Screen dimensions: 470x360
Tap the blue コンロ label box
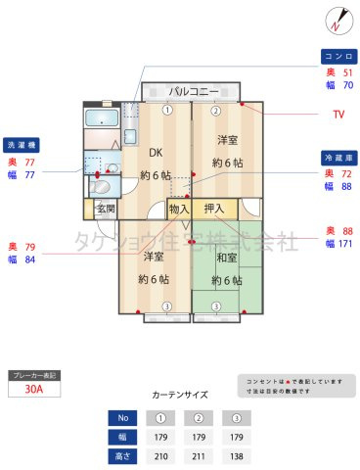338,56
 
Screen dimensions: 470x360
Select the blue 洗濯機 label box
22,143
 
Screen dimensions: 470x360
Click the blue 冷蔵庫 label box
338,157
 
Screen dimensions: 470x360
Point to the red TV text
338,115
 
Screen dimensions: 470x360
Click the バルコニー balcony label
192,91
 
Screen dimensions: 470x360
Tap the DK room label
156,153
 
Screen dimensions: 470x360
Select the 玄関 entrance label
106,209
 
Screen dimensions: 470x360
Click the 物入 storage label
178,209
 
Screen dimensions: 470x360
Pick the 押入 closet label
214,209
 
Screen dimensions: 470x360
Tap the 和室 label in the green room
227,258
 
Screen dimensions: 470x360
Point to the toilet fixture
101,185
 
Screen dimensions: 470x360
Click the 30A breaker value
35,389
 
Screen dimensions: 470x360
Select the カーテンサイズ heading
180,395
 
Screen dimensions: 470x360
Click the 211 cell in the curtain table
200,455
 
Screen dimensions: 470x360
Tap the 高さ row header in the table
122,455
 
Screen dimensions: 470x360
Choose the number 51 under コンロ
348,72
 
